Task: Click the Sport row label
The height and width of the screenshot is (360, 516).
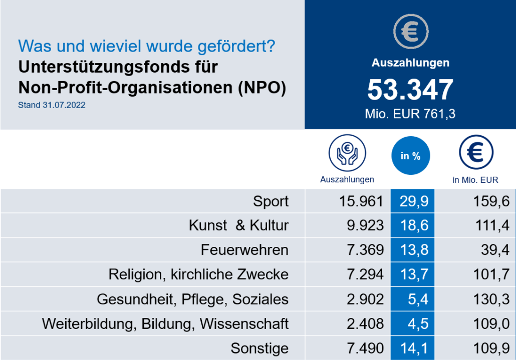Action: (x=271, y=201)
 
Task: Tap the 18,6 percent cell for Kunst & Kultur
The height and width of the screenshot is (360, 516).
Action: (x=414, y=225)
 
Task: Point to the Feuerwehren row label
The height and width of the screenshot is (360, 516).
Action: (x=244, y=250)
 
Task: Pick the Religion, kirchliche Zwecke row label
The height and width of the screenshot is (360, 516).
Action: (x=198, y=274)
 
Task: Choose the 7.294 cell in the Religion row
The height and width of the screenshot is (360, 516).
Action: (x=365, y=274)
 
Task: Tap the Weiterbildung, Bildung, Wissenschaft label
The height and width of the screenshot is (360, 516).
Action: (x=165, y=324)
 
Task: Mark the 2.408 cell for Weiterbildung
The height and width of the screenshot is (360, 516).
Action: (x=365, y=324)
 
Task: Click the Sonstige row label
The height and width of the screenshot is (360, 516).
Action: (x=260, y=348)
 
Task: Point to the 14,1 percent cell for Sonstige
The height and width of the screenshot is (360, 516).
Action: (x=414, y=348)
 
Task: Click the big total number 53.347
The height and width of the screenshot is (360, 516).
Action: (x=410, y=90)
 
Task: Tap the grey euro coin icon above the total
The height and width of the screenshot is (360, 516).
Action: (x=410, y=32)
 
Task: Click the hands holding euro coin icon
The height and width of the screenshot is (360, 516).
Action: (x=347, y=153)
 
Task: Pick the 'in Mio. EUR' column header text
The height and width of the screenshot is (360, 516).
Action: (x=475, y=180)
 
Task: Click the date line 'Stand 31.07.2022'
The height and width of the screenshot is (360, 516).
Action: (x=52, y=105)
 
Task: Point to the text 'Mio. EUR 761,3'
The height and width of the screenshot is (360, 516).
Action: (x=410, y=114)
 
